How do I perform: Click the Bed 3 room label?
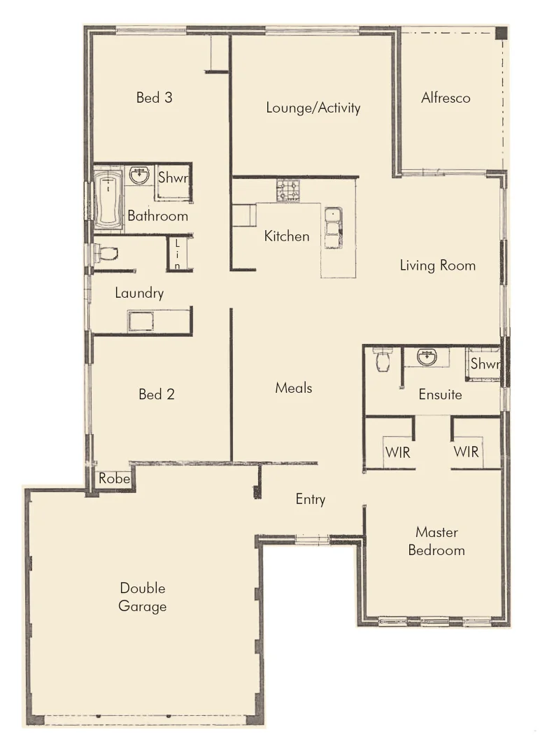154,98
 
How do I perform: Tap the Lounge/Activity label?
313,108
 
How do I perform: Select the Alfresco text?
446,98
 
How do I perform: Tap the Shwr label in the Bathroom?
173,178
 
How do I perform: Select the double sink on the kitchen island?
332,227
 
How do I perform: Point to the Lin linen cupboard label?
178,254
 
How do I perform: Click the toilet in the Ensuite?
382,359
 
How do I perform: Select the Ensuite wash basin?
427,357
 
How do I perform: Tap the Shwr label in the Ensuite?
484,364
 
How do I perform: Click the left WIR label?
397,452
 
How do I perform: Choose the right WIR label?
466,452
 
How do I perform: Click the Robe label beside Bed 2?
113,479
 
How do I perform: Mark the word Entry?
311,499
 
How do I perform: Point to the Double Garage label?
143,597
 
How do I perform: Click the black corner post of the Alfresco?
501,33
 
